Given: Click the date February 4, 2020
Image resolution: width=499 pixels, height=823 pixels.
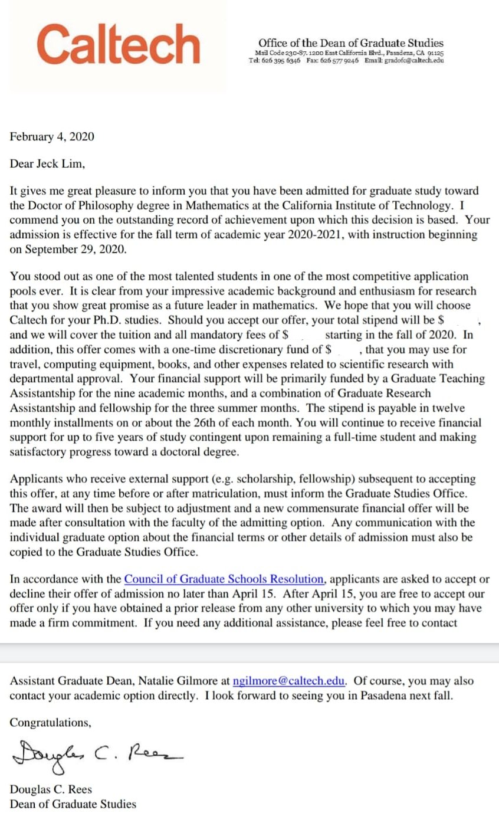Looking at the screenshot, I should [52, 137].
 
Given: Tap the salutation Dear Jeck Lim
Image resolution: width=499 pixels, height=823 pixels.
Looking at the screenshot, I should [47, 163].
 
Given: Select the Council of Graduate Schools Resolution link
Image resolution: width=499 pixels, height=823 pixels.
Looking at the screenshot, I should [224, 579].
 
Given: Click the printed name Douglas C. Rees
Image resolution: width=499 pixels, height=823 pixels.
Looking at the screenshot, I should [51, 789].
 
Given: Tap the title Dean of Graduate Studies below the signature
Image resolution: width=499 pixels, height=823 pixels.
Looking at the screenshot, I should [73, 804].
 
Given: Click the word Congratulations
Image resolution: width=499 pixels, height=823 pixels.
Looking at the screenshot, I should [50, 722].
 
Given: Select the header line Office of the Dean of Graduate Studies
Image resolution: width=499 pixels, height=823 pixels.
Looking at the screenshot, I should [350, 43].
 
